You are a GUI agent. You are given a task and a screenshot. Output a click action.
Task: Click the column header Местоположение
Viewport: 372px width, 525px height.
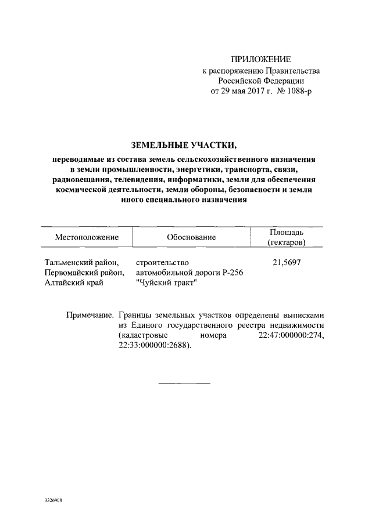point(87,237)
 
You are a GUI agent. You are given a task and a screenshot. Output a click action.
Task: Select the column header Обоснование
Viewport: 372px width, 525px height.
point(191,237)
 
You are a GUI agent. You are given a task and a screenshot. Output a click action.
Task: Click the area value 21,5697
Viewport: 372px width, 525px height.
point(287,262)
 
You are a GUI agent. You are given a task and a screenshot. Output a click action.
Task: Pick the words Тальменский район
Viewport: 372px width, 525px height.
point(81,262)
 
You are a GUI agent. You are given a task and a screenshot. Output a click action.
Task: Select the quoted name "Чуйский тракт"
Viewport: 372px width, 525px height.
point(166,283)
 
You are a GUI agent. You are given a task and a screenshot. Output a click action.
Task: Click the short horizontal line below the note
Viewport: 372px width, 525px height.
point(184,382)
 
